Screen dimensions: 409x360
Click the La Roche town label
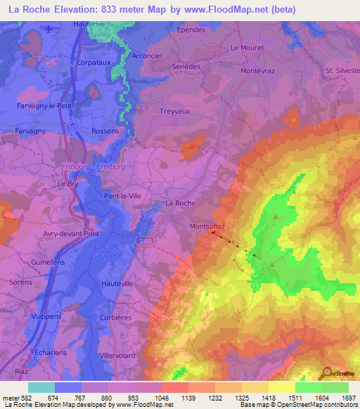tap(180, 203)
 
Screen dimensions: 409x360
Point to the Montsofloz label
tap(207, 226)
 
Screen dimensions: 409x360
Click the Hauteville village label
tap(117, 283)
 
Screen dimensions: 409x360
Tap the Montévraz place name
tap(261, 72)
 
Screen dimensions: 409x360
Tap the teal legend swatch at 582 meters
tap(41, 387)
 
